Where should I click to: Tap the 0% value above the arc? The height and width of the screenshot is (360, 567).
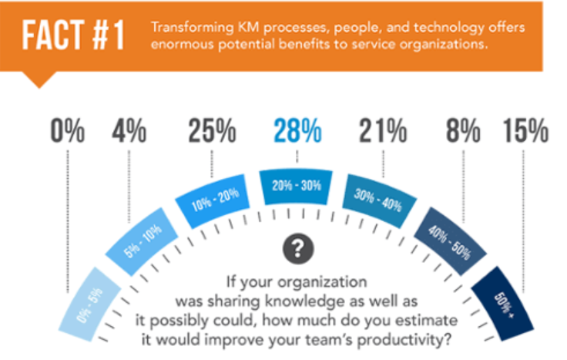[67, 132]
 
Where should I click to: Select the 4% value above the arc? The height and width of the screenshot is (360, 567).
[129, 132]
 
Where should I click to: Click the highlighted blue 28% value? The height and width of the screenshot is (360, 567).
[297, 132]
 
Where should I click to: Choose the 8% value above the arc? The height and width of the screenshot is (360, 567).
[463, 132]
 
